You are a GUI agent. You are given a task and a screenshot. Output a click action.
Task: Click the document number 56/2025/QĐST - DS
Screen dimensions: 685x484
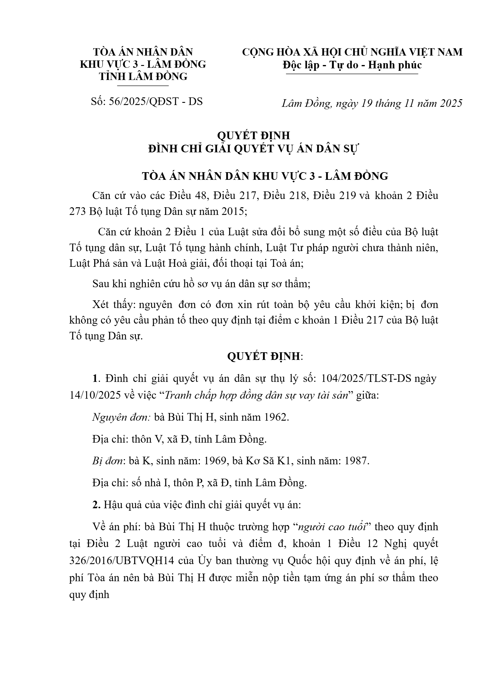pyautogui.click(x=147, y=101)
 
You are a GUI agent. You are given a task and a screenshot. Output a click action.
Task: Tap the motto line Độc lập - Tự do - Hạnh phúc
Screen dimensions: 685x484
pyautogui.click(x=352, y=65)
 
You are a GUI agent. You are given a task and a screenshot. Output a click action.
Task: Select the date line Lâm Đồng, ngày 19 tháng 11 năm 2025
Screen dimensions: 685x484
pyautogui.click(x=372, y=103)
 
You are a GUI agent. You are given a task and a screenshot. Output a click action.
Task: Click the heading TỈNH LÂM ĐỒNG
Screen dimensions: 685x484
pyautogui.click(x=143, y=76)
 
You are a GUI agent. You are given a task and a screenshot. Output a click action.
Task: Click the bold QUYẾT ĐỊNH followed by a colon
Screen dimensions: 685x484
pyautogui.click(x=264, y=356)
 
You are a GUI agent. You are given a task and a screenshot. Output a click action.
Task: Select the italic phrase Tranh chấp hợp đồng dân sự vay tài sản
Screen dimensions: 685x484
pyautogui.click(x=256, y=395)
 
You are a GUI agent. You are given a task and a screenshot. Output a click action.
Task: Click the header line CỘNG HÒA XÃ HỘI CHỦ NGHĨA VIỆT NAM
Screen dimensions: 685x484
pyautogui.click(x=352, y=52)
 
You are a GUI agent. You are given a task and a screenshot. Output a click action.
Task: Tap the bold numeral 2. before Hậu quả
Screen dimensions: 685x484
pyautogui.click(x=96, y=505)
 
